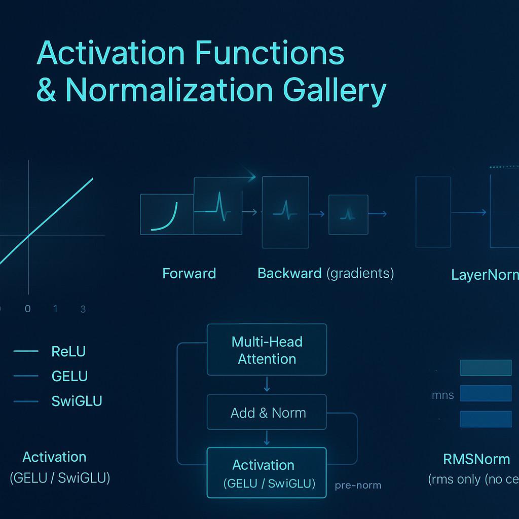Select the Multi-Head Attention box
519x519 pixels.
(x=267, y=350)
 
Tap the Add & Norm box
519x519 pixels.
(x=267, y=413)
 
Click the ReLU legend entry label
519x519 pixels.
(x=69, y=351)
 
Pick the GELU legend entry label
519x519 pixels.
(x=69, y=376)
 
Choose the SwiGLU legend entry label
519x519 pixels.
(x=77, y=401)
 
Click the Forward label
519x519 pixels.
(x=189, y=274)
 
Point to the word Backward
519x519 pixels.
(x=289, y=273)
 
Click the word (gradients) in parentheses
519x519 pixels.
(x=360, y=273)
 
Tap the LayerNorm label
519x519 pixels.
(x=485, y=275)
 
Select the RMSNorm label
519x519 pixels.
(x=476, y=459)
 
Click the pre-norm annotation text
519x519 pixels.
(x=358, y=485)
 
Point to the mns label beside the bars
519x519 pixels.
(x=442, y=395)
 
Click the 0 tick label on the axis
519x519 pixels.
(x=27, y=309)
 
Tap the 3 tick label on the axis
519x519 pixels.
(x=83, y=309)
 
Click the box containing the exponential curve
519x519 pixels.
(x=167, y=214)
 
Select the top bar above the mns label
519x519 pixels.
(x=486, y=367)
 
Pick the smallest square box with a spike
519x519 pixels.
(x=348, y=214)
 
